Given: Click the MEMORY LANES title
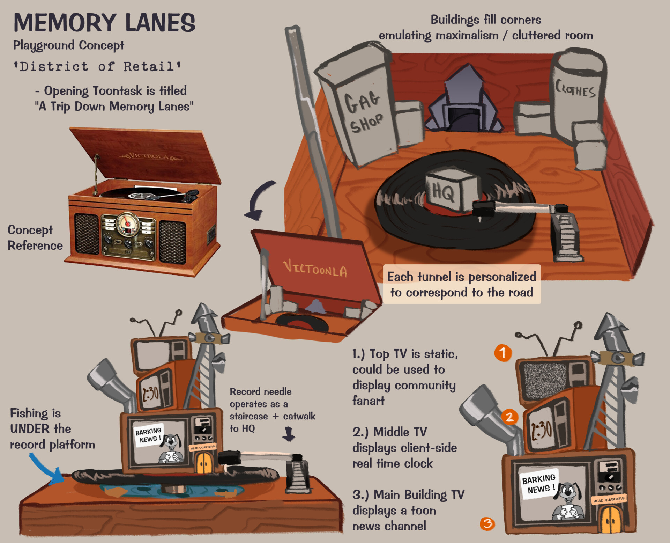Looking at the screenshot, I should [x=104, y=23].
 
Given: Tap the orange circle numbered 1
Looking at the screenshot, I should [x=503, y=353].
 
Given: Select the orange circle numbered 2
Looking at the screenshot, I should [x=509, y=417].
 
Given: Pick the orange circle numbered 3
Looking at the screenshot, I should [x=487, y=523].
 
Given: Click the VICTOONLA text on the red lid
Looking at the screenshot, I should [x=315, y=269].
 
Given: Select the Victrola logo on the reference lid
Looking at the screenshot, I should [x=150, y=156].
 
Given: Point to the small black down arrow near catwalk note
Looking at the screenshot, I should [x=289, y=434].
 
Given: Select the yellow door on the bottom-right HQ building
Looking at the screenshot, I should [x=610, y=519].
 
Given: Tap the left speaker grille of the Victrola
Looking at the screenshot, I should [x=87, y=234].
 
